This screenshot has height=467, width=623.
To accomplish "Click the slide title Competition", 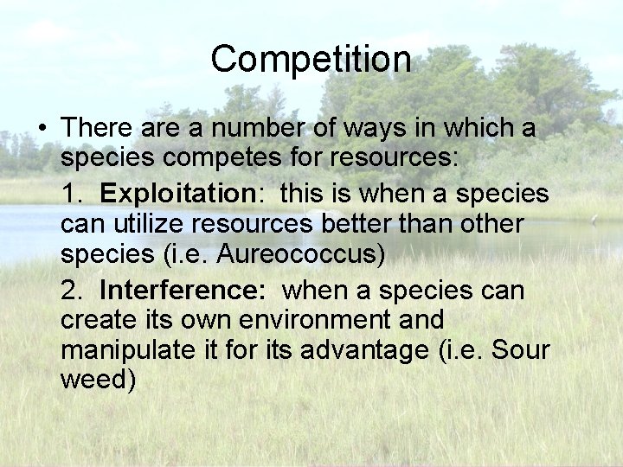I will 311,60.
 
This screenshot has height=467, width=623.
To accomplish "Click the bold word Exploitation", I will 173,192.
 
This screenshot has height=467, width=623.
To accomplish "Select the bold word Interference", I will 183,288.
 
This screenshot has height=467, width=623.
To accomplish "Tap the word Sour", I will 518,352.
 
